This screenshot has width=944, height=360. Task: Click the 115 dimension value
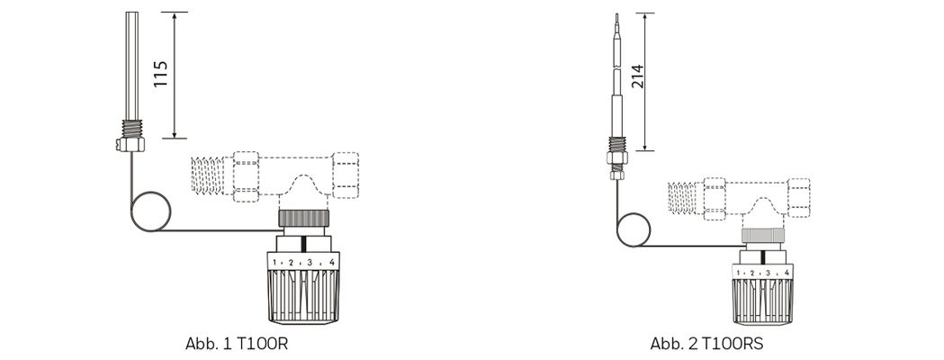pos(160,74)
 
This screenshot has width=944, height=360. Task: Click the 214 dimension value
pos(638,76)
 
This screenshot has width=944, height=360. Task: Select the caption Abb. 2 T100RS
pos(706,344)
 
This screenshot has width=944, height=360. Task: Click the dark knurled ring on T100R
pos(303,218)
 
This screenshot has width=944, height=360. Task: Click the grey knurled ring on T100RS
pos(761,236)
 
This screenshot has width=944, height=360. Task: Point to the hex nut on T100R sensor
pos(130,144)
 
